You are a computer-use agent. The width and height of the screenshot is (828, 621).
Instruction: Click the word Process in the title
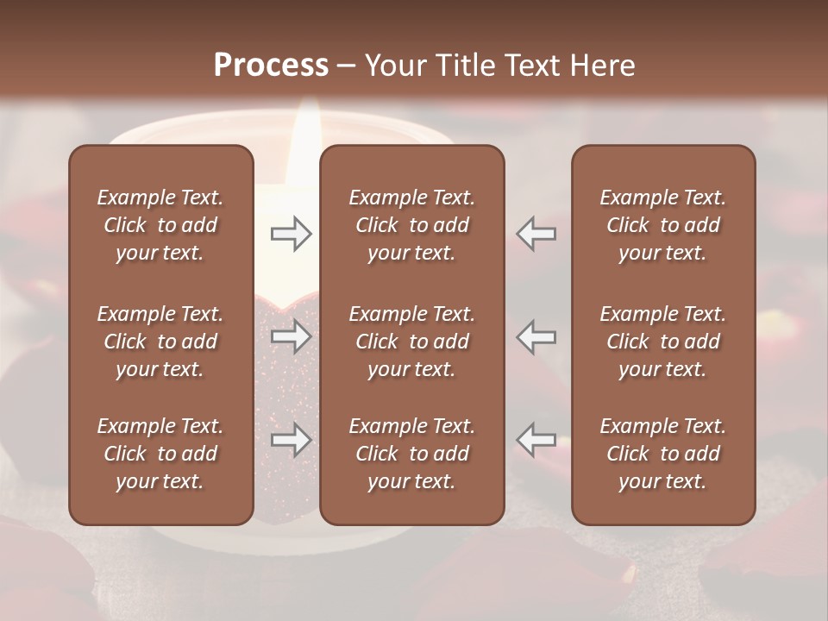271,66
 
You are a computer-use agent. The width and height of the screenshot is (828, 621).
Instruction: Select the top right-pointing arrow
291,234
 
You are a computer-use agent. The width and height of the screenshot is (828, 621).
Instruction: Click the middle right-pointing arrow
291,336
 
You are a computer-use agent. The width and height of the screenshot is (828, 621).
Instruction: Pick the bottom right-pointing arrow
291,440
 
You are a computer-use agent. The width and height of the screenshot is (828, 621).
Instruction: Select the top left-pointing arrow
536,234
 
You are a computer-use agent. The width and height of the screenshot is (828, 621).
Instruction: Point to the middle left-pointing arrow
536,336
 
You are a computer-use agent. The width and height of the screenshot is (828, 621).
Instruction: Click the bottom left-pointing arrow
536,440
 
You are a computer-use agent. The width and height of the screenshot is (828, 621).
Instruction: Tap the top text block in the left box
160,225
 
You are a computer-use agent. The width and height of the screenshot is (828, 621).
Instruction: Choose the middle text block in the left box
160,342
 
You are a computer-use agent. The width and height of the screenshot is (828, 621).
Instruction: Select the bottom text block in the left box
160,454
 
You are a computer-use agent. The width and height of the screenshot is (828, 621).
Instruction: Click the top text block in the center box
411,225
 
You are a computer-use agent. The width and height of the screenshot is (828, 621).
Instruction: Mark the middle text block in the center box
411,342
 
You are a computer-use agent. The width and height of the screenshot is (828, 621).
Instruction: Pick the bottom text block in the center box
411,454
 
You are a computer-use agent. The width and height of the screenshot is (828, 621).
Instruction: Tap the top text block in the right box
662,225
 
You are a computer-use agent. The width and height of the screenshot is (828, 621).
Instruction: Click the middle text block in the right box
662,342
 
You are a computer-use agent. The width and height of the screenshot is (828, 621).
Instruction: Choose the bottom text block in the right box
662,454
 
